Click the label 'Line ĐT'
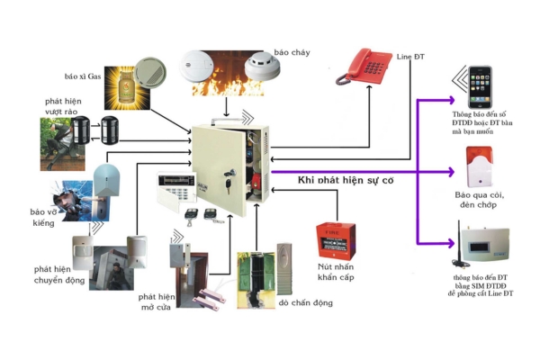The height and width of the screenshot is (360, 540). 409,58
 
